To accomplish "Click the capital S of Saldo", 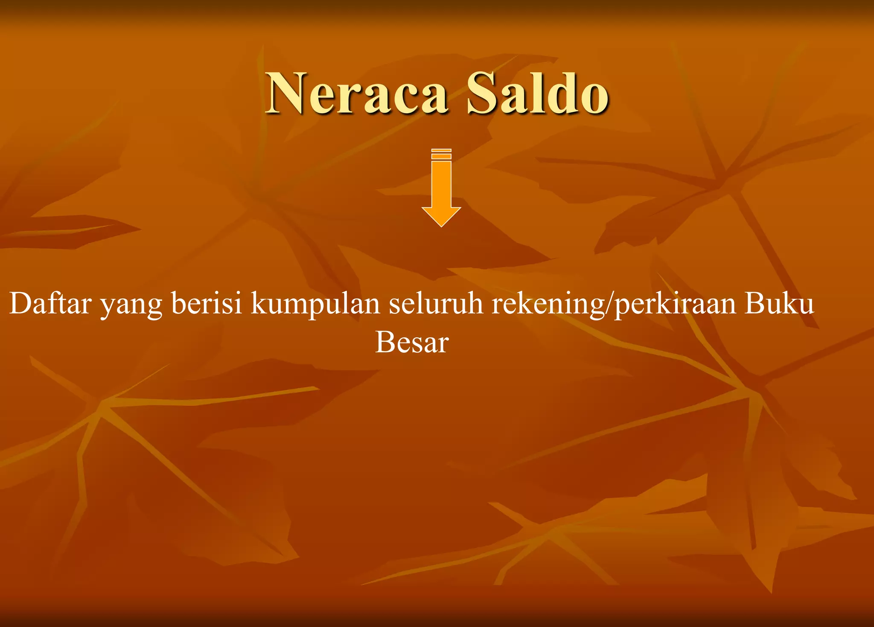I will tap(482, 94).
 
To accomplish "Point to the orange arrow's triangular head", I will tap(441, 216).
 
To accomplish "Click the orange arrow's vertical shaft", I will tap(441, 184).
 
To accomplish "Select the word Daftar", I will tap(50, 303).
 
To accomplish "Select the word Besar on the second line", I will tap(412, 343).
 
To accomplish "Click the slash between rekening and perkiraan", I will tap(609, 304).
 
